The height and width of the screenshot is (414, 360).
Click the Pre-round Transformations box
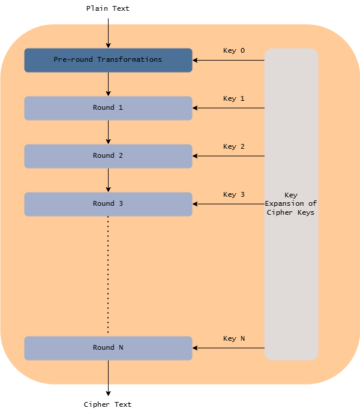(108, 60)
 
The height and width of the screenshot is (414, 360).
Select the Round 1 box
(108, 108)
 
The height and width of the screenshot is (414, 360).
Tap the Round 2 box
(108, 156)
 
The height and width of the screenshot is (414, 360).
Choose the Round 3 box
(108, 204)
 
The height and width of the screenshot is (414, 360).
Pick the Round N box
(108, 348)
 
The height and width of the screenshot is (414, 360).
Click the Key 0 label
(233, 51)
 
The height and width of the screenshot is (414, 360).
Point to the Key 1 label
(233, 99)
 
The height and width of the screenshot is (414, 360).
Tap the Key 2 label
(233, 147)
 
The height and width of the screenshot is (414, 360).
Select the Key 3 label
(233, 195)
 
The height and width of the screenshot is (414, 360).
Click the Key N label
(233, 339)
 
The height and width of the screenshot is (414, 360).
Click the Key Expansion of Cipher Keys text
(291, 204)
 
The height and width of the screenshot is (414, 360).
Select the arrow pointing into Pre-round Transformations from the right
(228, 60)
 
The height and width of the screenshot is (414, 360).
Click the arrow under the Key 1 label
(228, 108)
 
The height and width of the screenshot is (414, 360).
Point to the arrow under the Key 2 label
(228, 156)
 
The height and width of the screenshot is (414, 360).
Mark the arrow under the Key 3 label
(228, 204)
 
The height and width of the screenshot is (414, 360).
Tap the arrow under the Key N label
(228, 348)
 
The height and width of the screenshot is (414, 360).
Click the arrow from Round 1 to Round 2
(108, 132)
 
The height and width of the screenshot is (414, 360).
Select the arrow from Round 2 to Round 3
(108, 180)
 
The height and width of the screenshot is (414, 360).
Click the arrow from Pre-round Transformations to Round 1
(108, 84)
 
